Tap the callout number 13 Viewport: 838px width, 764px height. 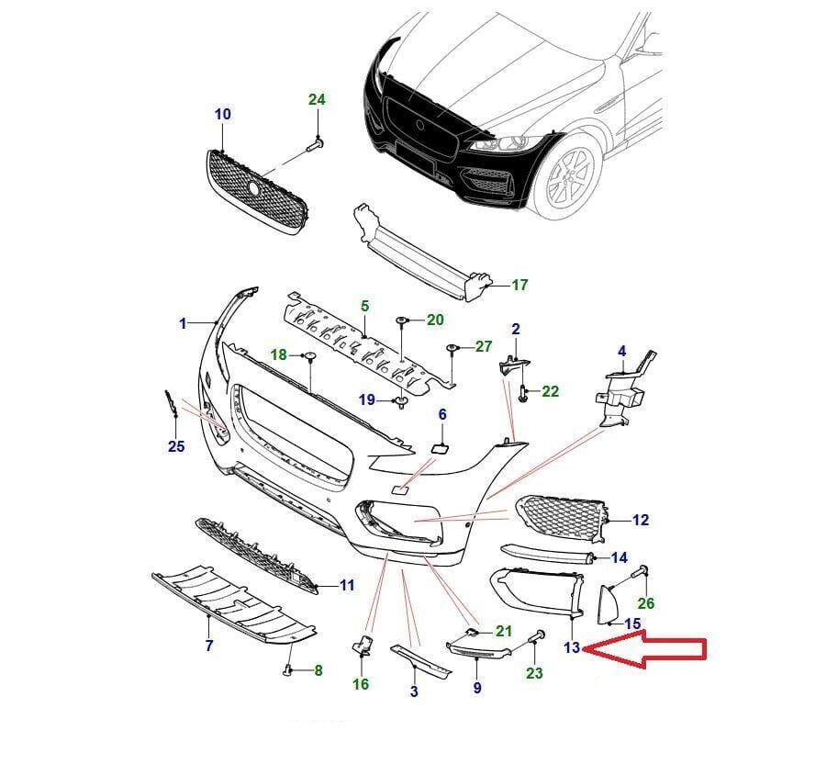572,647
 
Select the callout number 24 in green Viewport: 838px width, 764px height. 317,99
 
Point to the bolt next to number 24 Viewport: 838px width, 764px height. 315,143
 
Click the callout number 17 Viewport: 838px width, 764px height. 520,285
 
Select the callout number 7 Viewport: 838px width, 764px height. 209,646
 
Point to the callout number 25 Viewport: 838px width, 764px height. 176,446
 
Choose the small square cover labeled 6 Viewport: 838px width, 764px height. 440,448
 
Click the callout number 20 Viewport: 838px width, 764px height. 435,320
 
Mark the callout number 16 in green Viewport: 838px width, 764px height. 361,684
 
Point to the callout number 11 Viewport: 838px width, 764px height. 346,584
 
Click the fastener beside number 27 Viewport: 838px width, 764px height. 453,349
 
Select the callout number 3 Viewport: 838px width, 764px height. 414,691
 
